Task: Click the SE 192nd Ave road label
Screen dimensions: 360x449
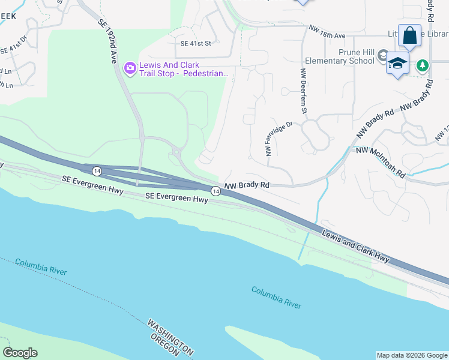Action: click(106, 40)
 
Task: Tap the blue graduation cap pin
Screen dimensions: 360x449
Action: click(398, 63)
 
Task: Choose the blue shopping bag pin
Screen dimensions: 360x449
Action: click(409, 35)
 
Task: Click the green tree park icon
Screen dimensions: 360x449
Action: click(423, 65)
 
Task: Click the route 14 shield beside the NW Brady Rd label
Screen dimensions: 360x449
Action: click(215, 191)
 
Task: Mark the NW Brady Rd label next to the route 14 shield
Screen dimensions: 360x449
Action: click(246, 187)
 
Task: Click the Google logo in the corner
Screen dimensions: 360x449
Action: click(20, 352)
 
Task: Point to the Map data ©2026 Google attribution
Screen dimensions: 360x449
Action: click(412, 355)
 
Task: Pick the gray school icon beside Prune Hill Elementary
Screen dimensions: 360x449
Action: click(382, 56)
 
